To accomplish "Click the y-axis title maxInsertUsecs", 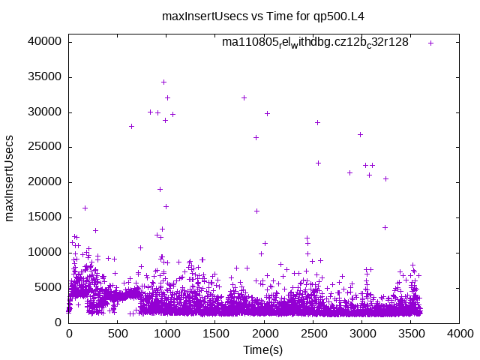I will pos(10,179).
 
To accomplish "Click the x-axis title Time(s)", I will pos(263,349).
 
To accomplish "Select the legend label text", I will pos(315,42).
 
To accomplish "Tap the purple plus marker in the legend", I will pos(431,43).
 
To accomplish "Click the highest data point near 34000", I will pos(163,82).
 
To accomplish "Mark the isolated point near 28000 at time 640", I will pos(131,126).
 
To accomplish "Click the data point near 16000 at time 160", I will pos(85,208).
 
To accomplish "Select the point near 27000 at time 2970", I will pos(360,134).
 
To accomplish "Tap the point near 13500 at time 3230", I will pos(385,227).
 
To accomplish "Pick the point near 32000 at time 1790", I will pos(244,97).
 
